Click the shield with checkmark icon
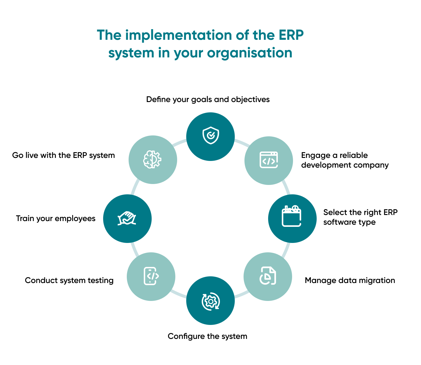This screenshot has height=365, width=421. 210,136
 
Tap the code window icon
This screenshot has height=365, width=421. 269,160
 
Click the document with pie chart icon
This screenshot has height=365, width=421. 268,276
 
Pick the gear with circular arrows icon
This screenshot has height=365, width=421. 210,301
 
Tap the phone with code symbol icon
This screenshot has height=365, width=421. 151,276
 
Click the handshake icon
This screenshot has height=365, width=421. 127,218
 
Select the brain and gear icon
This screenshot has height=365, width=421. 152,159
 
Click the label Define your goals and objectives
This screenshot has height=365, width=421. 208,100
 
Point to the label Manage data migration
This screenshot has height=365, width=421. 350,280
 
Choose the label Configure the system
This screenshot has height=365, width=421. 207,336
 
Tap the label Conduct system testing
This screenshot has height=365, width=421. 69,280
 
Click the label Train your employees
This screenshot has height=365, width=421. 56,218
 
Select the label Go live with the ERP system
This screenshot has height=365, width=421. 63,155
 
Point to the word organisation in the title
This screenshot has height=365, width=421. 250,53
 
